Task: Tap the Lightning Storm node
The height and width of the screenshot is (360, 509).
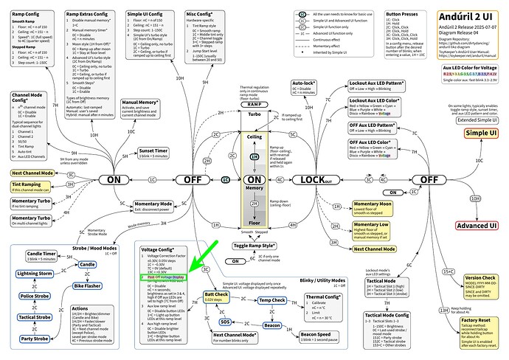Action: point(35,274)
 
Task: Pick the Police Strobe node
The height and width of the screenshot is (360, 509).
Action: point(34,296)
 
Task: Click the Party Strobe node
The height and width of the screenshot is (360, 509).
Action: point(35,339)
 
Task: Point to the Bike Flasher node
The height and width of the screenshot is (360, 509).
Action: point(87,284)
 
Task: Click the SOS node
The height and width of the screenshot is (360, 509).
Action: point(226,322)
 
